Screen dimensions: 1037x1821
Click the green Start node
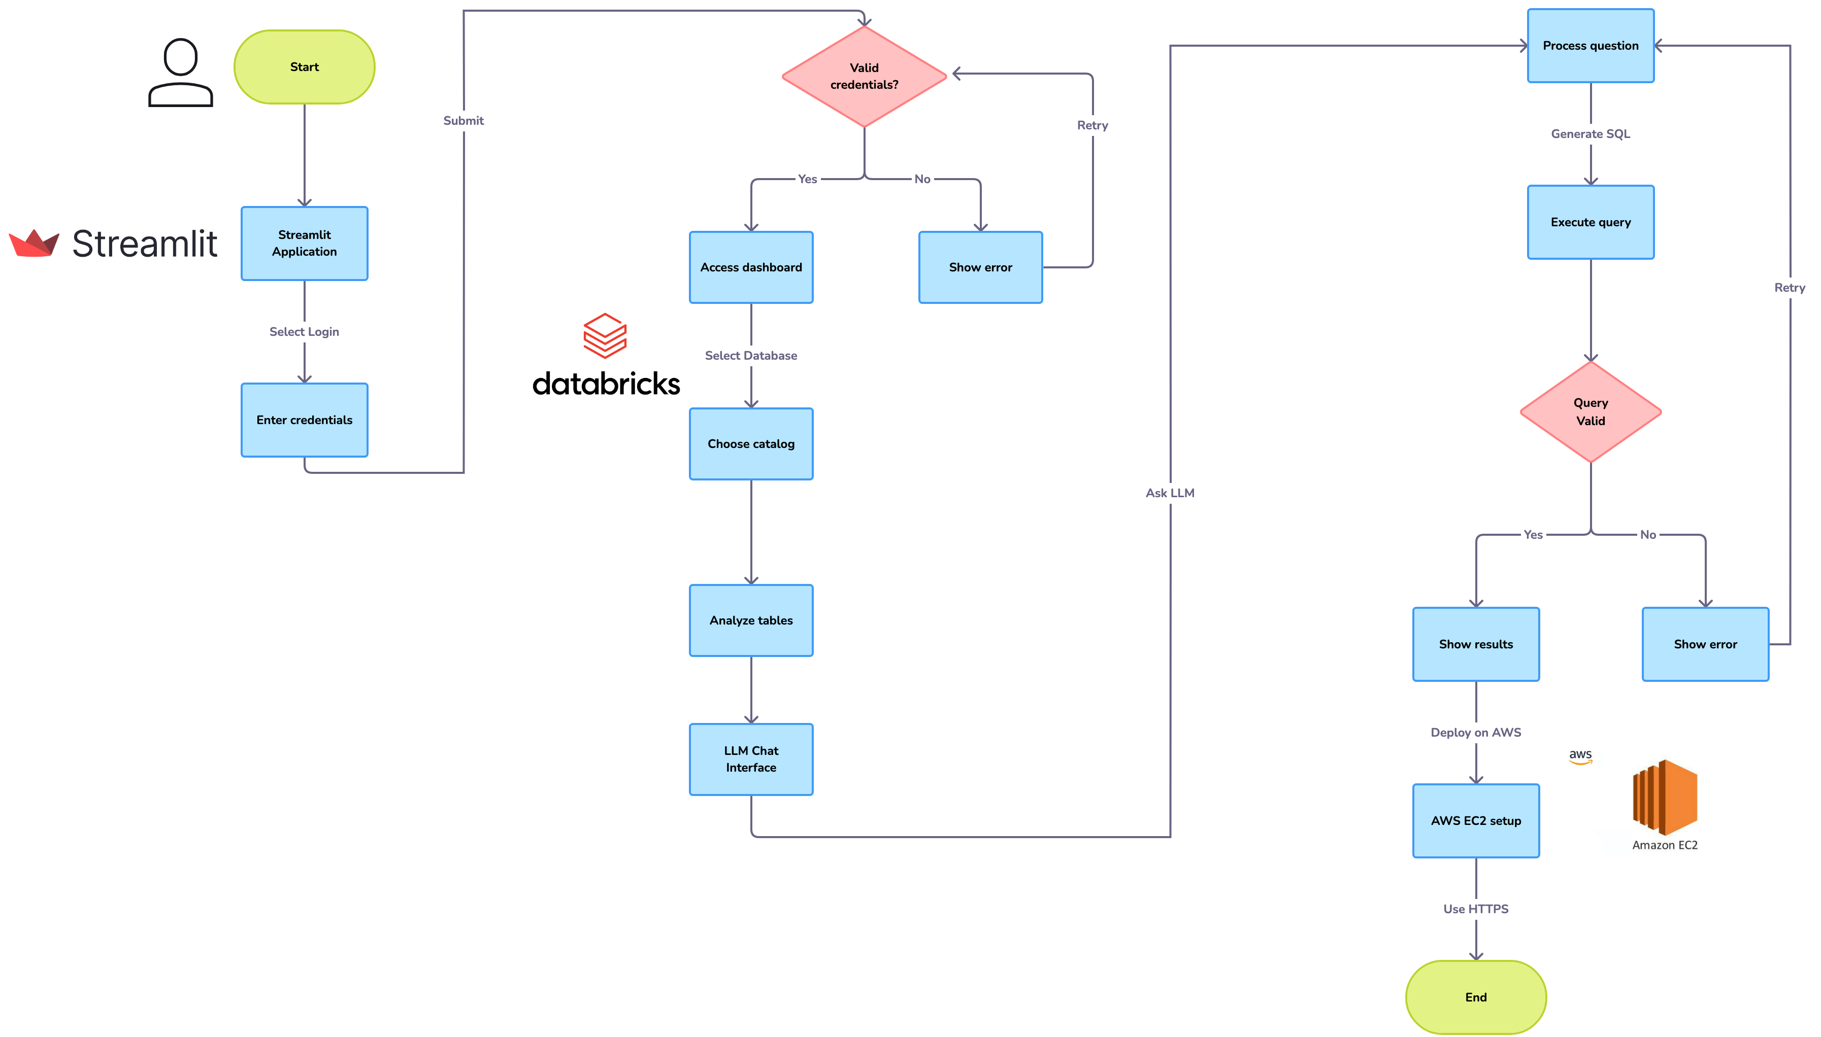[304, 67]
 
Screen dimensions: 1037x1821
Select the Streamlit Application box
[304, 244]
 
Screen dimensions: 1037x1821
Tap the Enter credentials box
[304, 420]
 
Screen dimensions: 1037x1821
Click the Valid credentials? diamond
[864, 76]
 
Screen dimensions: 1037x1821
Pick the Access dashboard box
[751, 267]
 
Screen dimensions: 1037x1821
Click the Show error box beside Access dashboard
[980, 267]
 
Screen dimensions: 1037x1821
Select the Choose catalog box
[751, 444]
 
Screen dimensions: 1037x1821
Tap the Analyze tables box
[751, 620]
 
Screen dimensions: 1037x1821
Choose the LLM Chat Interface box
[751, 759]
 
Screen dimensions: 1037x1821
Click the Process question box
[1590, 46]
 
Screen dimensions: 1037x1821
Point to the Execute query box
[1590, 222]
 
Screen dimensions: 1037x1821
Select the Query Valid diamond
[1590, 411]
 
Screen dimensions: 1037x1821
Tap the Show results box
[1475, 644]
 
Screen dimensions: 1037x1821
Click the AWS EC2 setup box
[1475, 820]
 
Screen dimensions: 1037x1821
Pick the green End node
[1475, 997]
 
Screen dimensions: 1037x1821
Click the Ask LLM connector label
[1170, 493]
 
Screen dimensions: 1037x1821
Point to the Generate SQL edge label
[1590, 134]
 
